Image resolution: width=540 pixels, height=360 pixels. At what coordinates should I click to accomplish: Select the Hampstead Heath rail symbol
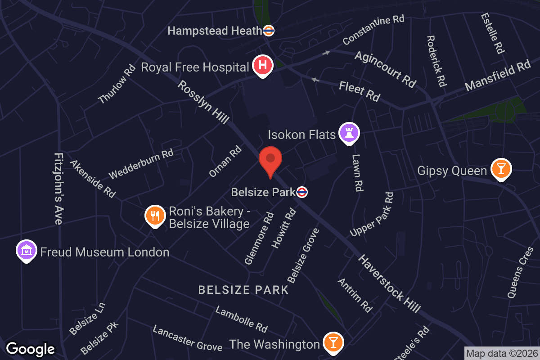269,31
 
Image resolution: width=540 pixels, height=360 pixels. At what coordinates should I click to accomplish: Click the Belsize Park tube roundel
302,193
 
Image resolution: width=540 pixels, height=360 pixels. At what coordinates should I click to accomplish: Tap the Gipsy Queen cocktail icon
500,169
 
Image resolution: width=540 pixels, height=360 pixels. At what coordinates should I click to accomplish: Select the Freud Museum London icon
27,250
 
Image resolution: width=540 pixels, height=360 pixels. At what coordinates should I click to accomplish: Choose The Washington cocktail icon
333,343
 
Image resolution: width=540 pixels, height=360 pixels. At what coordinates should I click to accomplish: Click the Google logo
31,349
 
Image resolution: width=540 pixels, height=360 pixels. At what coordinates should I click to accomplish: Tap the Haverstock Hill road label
390,283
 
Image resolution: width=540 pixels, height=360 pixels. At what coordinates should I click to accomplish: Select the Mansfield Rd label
498,76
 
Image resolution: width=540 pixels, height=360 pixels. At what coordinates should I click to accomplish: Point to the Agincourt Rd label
385,69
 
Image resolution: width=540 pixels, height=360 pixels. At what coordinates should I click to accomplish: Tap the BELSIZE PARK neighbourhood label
243,289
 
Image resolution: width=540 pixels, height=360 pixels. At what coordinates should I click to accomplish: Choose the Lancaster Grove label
187,338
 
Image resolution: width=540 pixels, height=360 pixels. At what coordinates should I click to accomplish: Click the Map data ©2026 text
502,353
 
